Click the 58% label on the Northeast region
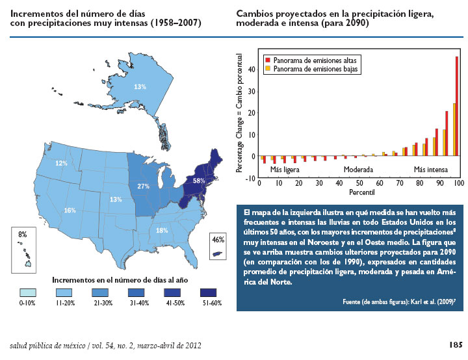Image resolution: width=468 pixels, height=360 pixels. coord(200,181)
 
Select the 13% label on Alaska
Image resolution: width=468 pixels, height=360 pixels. coord(140,86)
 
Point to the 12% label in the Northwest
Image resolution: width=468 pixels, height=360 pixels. coord(61,164)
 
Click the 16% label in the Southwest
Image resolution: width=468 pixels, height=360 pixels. coord(70,210)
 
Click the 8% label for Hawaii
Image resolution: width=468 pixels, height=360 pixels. coord(23,234)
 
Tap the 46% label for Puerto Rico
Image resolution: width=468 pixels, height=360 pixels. coord(218,239)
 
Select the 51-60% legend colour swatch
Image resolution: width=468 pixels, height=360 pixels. coord(208,292)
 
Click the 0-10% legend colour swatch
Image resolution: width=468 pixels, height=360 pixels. coord(27,292)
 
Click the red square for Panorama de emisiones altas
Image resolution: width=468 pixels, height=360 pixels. coord(267,58)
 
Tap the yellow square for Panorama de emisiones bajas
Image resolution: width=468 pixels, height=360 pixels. coord(267,67)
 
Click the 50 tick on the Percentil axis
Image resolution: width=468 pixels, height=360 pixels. coord(359,184)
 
